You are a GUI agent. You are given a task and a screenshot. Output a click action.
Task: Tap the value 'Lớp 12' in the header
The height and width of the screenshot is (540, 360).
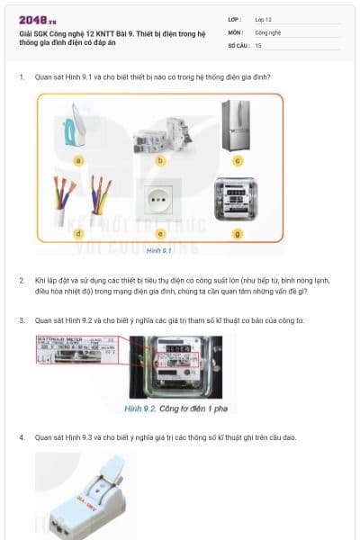264,19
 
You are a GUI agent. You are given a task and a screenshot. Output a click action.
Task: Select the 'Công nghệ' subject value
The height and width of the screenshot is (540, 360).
268,31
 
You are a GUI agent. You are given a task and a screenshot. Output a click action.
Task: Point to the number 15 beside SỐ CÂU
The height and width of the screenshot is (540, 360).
258,44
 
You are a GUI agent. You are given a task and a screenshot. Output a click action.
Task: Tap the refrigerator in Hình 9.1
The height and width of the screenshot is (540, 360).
238,123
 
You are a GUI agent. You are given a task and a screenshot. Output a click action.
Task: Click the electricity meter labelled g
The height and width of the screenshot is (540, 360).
238,200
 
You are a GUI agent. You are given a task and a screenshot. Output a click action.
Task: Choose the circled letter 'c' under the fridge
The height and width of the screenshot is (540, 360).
238,161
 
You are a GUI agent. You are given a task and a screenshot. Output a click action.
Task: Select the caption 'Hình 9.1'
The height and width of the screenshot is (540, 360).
158,251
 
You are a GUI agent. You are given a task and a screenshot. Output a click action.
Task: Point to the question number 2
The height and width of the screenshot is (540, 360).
22,281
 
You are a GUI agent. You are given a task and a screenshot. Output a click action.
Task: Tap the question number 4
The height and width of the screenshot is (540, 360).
22,437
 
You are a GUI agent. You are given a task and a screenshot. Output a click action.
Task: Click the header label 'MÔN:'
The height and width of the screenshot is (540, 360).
236,31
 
